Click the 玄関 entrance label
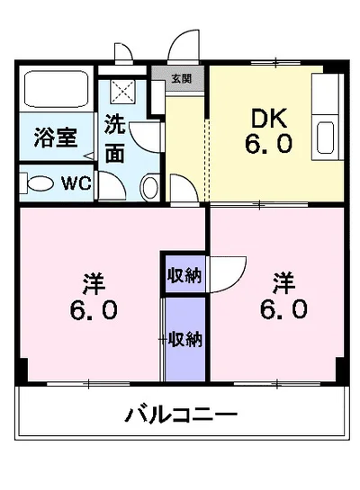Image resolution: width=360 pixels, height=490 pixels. click(x=183, y=79)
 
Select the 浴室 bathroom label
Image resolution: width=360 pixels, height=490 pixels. click(x=55, y=138)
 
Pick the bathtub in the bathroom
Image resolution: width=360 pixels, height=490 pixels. click(x=55, y=92)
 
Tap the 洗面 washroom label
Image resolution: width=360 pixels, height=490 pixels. click(x=114, y=139)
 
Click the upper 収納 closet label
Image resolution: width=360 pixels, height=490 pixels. click(x=185, y=274)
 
